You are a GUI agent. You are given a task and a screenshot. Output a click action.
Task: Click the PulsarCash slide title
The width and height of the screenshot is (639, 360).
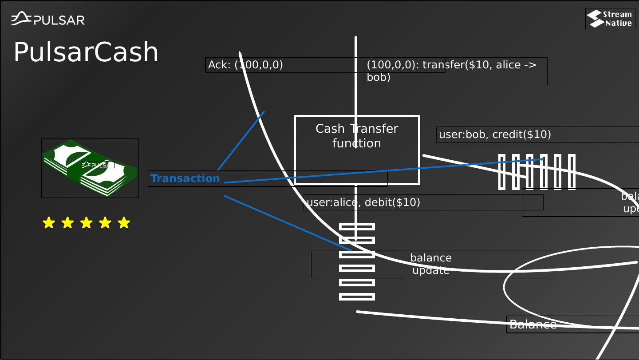[86, 52]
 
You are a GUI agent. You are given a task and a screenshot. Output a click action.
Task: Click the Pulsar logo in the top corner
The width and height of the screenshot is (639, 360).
[48, 19]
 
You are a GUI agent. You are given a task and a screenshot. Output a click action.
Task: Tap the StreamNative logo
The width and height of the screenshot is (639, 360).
[610, 19]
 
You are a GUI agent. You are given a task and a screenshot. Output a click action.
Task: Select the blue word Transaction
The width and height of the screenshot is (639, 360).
[185, 178]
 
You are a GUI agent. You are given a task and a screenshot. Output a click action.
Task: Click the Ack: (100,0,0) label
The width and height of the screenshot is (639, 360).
[245, 65]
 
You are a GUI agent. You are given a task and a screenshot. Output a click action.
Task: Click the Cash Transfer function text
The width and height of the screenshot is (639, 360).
[357, 136]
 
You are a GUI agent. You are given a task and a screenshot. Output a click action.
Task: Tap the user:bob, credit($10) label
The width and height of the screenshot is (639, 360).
[495, 134]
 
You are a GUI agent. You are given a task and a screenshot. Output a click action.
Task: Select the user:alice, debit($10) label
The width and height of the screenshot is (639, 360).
[363, 202]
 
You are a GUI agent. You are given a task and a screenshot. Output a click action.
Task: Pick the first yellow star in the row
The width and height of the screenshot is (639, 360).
[48, 223]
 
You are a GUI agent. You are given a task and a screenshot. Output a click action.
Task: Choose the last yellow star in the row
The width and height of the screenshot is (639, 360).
[124, 223]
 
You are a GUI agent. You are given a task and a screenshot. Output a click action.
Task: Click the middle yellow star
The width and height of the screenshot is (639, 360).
[86, 223]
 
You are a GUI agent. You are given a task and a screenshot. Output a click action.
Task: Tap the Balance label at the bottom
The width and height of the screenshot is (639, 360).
[533, 324]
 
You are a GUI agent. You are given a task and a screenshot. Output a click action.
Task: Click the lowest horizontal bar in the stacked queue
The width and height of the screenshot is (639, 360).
[357, 297]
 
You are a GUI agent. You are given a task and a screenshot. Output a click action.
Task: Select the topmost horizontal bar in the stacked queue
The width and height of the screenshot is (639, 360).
[357, 227]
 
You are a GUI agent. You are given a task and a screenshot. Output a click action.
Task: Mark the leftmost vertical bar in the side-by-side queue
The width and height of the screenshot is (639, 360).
[502, 172]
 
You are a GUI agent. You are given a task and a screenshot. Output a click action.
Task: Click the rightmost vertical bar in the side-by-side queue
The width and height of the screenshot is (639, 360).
[572, 172]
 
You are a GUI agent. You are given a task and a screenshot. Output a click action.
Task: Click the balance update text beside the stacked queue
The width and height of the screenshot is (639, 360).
[431, 264]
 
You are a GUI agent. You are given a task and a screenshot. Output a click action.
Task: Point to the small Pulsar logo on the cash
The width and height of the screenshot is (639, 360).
[98, 165]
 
